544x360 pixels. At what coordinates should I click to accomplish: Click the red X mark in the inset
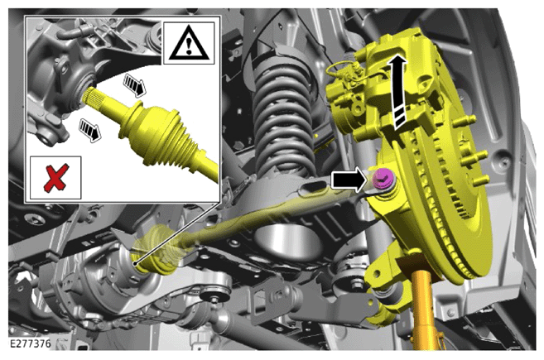56,178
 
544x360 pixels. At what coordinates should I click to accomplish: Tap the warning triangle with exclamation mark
189,43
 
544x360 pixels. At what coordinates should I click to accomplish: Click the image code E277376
30,343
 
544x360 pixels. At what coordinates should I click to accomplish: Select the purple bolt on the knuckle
383,179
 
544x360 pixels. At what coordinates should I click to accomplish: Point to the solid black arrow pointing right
349,180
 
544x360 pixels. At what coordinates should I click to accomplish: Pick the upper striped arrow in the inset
135,84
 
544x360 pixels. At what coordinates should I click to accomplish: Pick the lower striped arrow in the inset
90,130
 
